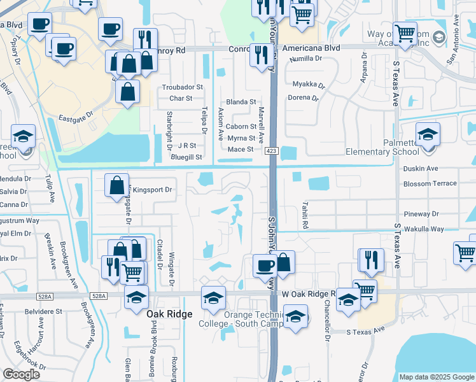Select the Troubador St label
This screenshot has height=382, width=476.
182,87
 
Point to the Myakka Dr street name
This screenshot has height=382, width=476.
309,84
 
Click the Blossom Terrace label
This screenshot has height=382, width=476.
430,183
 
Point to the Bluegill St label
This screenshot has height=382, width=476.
186,157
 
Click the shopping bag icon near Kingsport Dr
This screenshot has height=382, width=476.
117,186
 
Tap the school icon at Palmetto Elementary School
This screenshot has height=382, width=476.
428,135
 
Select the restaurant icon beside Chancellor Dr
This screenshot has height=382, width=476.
370,259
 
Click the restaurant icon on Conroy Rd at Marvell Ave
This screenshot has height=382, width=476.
260,55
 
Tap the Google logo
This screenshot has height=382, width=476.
21,374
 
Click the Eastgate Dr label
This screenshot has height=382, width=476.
76,118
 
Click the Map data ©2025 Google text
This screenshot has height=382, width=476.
436,377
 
